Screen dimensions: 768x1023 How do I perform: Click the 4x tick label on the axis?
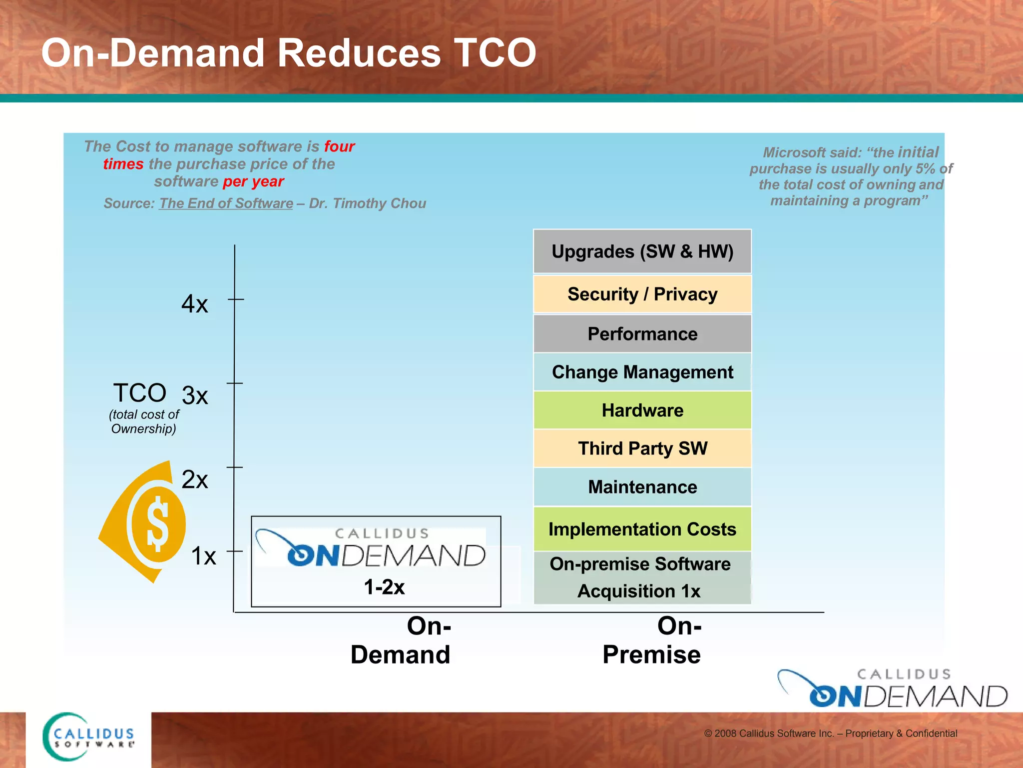tap(194, 304)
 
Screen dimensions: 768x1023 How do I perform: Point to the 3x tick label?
tap(194, 396)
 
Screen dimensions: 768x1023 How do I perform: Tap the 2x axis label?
tap(194, 480)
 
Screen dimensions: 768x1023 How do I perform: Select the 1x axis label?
tap(203, 556)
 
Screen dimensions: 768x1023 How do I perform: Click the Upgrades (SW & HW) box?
tap(642, 251)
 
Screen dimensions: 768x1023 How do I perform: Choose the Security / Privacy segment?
tap(642, 294)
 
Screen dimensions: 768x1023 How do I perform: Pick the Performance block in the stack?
tap(642, 334)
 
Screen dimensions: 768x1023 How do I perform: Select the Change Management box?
tap(642, 372)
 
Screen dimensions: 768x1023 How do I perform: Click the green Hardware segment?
tap(642, 410)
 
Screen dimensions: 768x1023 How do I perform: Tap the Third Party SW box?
tap(642, 448)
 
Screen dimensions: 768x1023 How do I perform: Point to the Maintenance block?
tap(642, 487)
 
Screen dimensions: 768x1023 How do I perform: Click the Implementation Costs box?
tap(642, 529)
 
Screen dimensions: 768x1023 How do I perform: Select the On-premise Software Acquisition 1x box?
tap(641, 578)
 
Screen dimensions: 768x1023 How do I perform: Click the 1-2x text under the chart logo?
tap(384, 587)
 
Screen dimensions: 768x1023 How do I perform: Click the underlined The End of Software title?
tap(226, 203)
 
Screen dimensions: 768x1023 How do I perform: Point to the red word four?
tap(339, 146)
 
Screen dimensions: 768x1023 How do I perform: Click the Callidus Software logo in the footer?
tap(89, 737)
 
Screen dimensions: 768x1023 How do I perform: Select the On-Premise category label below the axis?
tap(652, 640)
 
